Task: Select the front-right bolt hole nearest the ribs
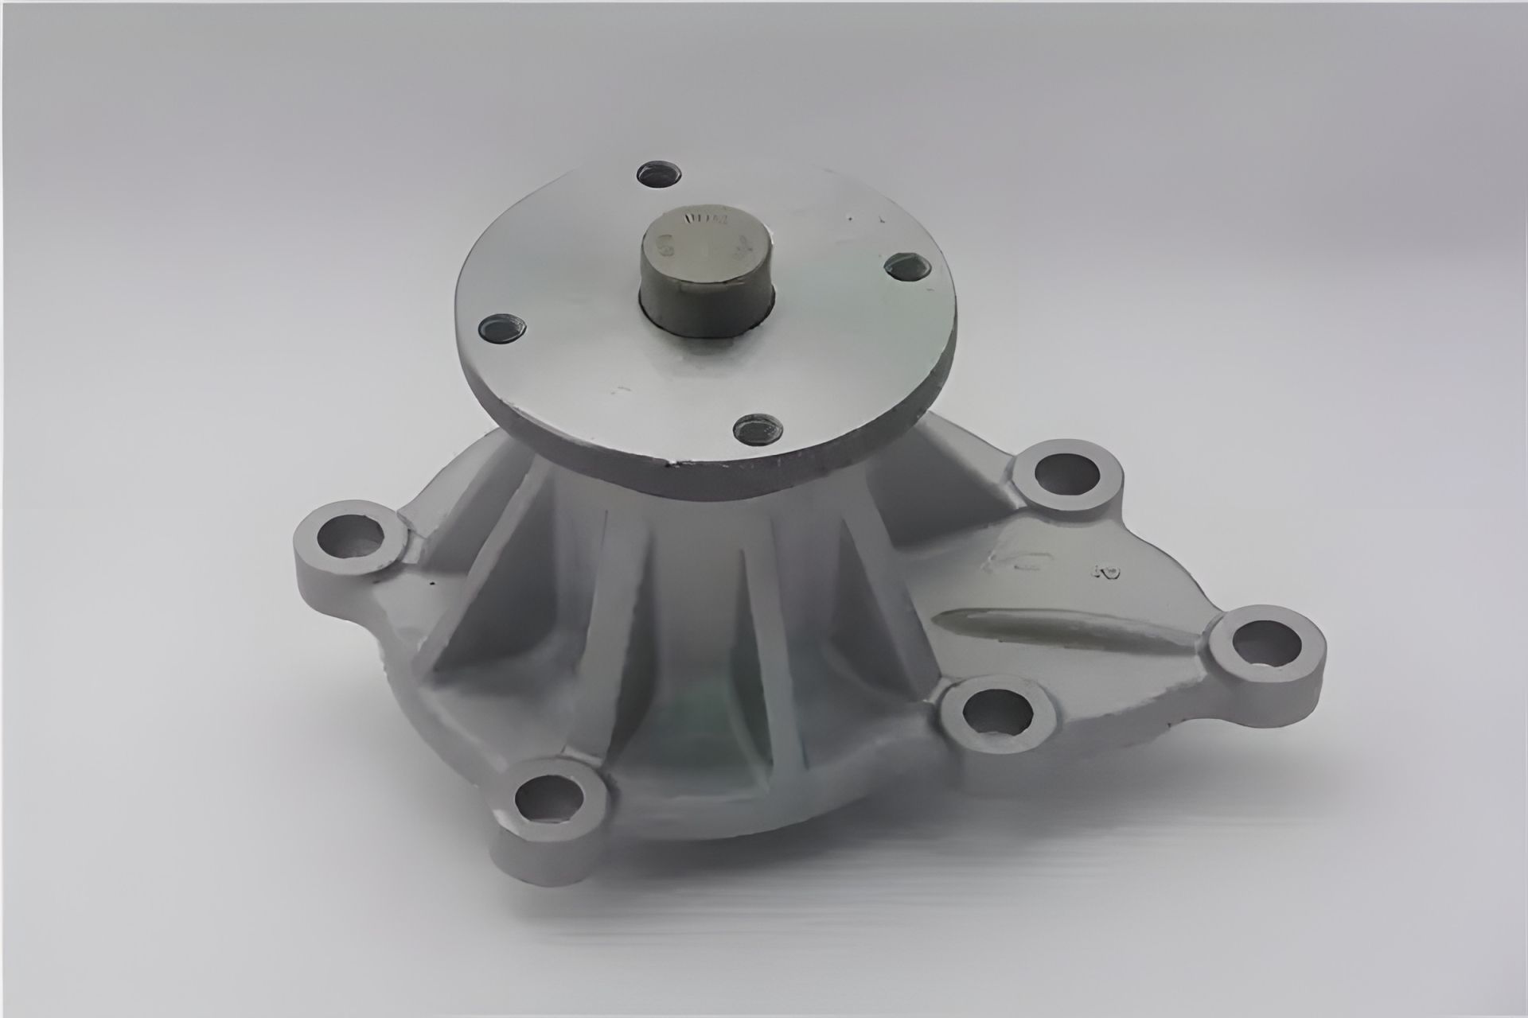tap(996, 714)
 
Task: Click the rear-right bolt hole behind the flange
tap(1066, 476)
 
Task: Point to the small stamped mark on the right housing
tap(1104, 571)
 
